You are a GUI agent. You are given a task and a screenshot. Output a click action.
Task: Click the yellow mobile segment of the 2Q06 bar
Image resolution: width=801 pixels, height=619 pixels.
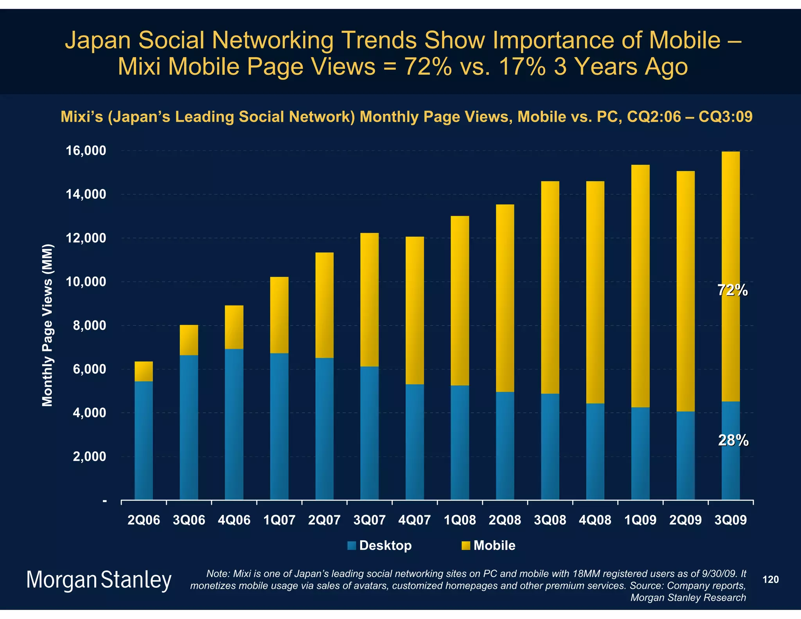pyautogui.click(x=144, y=371)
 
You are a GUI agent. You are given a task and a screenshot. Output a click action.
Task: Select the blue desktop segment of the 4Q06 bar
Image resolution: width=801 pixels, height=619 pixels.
pyautogui.click(x=234, y=425)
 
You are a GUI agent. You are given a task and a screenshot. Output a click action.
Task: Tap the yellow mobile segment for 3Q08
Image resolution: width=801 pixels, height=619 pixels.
pyautogui.click(x=550, y=288)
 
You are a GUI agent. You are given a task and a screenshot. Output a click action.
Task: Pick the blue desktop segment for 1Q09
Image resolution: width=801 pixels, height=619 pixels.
pyautogui.click(x=640, y=454)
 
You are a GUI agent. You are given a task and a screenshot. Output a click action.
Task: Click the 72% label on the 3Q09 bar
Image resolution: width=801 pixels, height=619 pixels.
pyautogui.click(x=733, y=290)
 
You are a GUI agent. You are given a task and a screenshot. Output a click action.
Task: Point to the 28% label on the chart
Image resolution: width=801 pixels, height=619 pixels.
pyautogui.click(x=733, y=441)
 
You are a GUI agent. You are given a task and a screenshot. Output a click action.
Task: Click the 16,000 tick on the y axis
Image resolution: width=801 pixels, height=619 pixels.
pyautogui.click(x=86, y=151)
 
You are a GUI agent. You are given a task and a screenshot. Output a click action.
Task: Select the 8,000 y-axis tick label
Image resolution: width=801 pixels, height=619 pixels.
pyautogui.click(x=89, y=326)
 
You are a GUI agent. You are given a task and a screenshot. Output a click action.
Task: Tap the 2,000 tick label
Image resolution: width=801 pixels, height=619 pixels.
pyautogui.click(x=89, y=457)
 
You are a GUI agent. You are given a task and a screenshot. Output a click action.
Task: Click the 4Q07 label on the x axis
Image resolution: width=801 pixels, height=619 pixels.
pyautogui.click(x=415, y=520)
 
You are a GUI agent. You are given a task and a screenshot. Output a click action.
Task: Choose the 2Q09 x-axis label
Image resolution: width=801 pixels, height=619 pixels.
pyautogui.click(x=686, y=520)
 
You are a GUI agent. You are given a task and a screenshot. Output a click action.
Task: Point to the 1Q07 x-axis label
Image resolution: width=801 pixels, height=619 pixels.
pyautogui.click(x=279, y=520)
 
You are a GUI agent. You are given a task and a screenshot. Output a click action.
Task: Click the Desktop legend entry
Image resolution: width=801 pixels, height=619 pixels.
pyautogui.click(x=385, y=545)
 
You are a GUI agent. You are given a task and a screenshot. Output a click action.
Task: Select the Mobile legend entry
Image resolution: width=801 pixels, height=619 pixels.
pyautogui.click(x=494, y=545)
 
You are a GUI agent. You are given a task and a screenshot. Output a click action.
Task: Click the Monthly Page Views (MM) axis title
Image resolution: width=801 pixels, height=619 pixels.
pyautogui.click(x=47, y=325)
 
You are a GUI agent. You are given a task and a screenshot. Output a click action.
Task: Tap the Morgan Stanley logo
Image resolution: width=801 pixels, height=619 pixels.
pyautogui.click(x=99, y=580)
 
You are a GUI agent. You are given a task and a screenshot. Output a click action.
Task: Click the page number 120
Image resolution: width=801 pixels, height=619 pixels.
pyautogui.click(x=771, y=579)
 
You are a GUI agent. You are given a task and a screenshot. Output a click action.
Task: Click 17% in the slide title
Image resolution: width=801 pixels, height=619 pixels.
pyautogui.click(x=522, y=66)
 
